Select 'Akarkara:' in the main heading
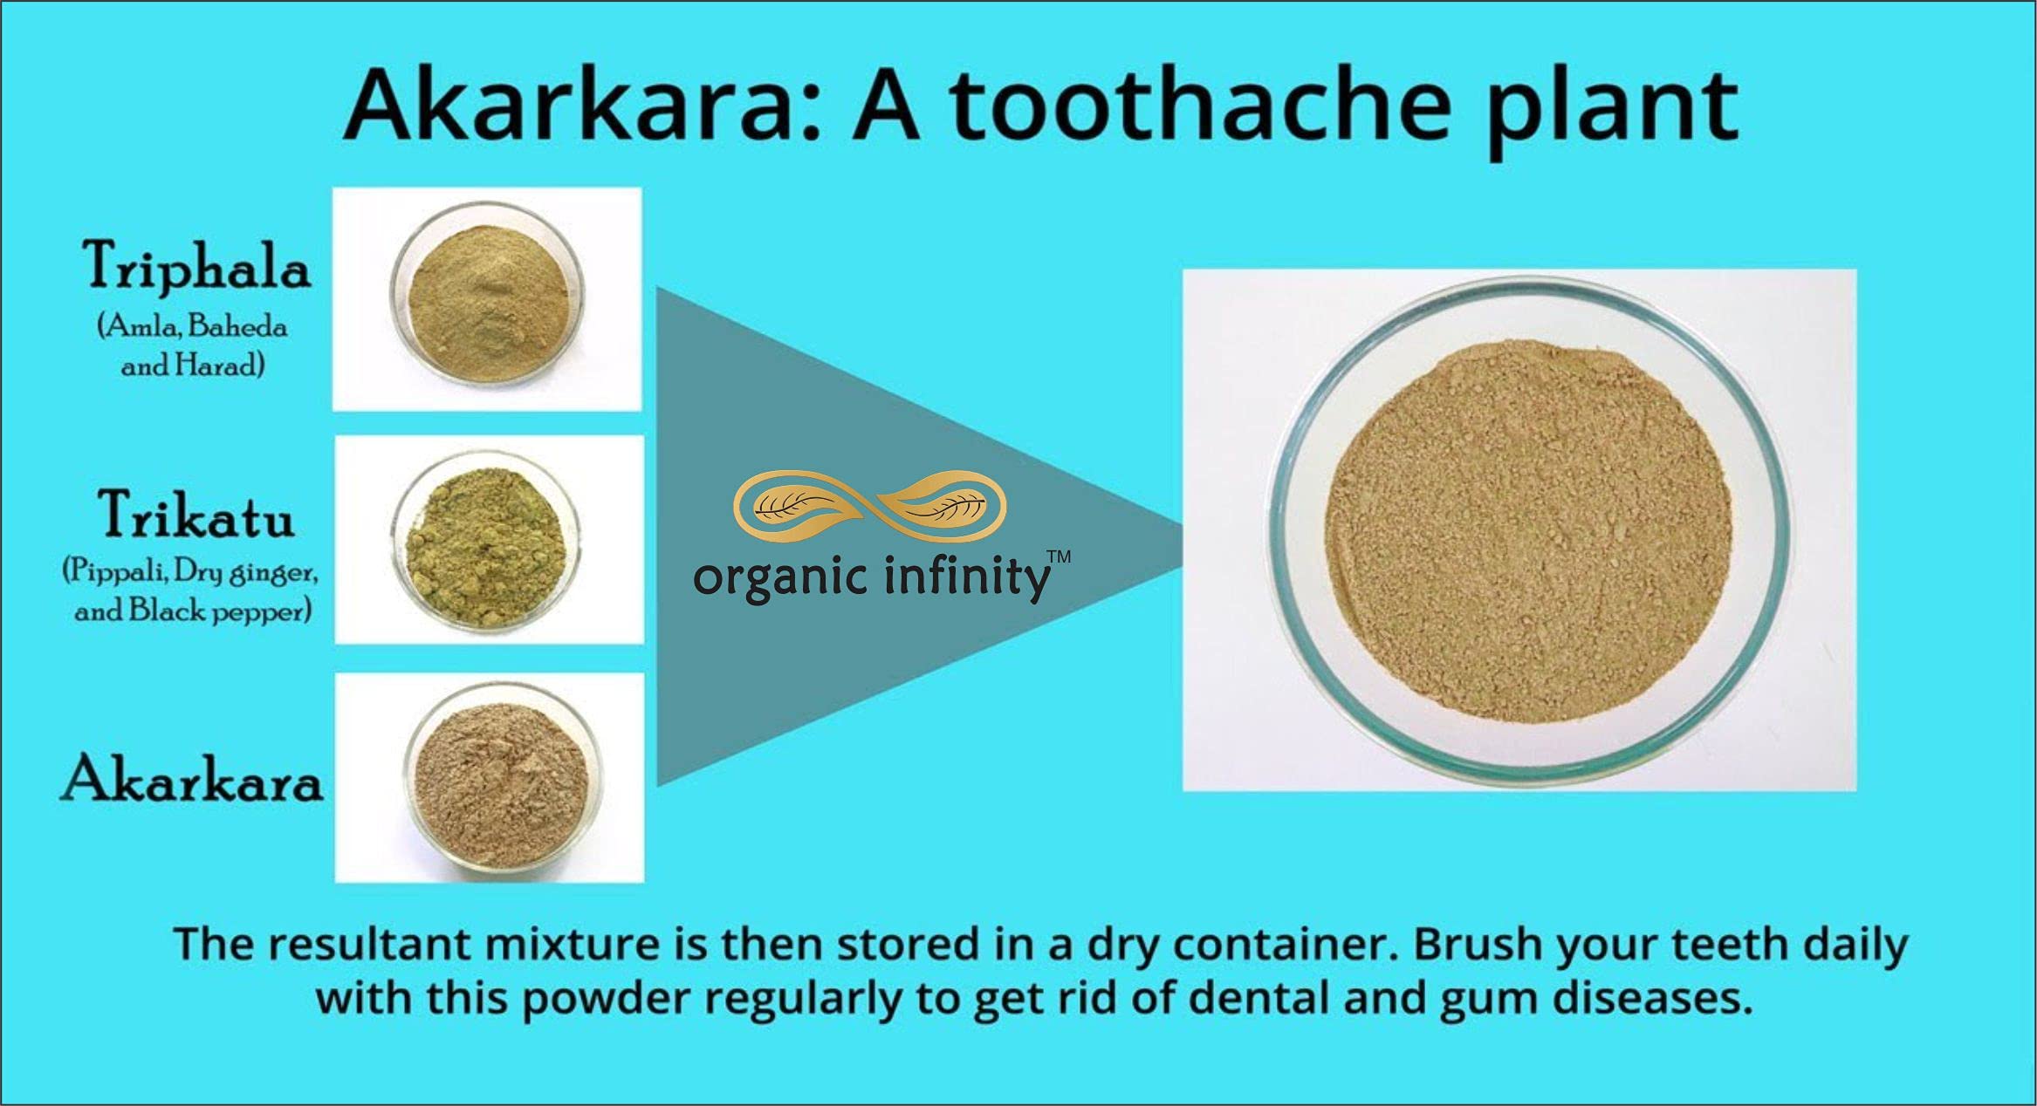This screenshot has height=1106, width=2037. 584,104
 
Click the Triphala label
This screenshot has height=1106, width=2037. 196,265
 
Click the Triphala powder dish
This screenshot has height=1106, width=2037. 487,297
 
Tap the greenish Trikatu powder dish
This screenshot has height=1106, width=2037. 485,538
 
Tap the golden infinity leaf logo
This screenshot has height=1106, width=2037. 869,507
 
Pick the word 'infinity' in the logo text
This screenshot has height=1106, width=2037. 967,577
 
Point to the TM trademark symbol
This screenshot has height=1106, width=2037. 1059,556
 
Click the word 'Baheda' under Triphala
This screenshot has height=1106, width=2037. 237,326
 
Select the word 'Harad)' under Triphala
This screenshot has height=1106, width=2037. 220,365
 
